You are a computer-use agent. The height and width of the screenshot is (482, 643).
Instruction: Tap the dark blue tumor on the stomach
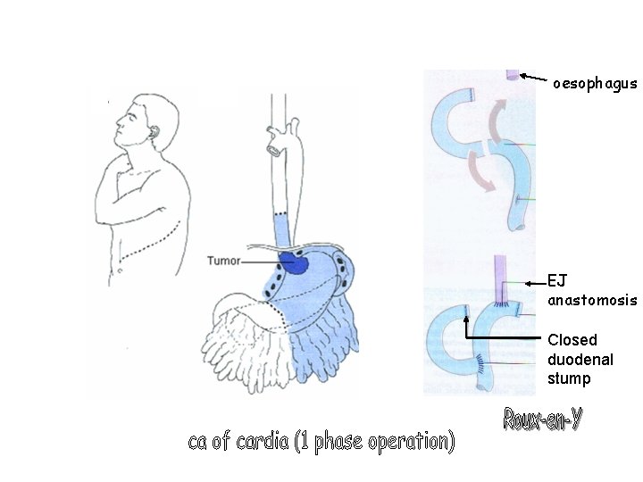[292, 263]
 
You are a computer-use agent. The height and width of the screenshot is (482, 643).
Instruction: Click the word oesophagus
[595, 84]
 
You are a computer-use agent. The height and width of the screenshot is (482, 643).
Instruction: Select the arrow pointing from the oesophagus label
[534, 79]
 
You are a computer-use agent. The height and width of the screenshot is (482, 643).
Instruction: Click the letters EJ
[556, 282]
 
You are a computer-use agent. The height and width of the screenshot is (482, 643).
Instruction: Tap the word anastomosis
[592, 300]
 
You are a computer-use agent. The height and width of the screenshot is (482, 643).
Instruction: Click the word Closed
[572, 340]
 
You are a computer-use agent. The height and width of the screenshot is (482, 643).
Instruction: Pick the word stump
[569, 378]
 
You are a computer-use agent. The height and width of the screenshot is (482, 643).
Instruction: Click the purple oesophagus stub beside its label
[513, 77]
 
